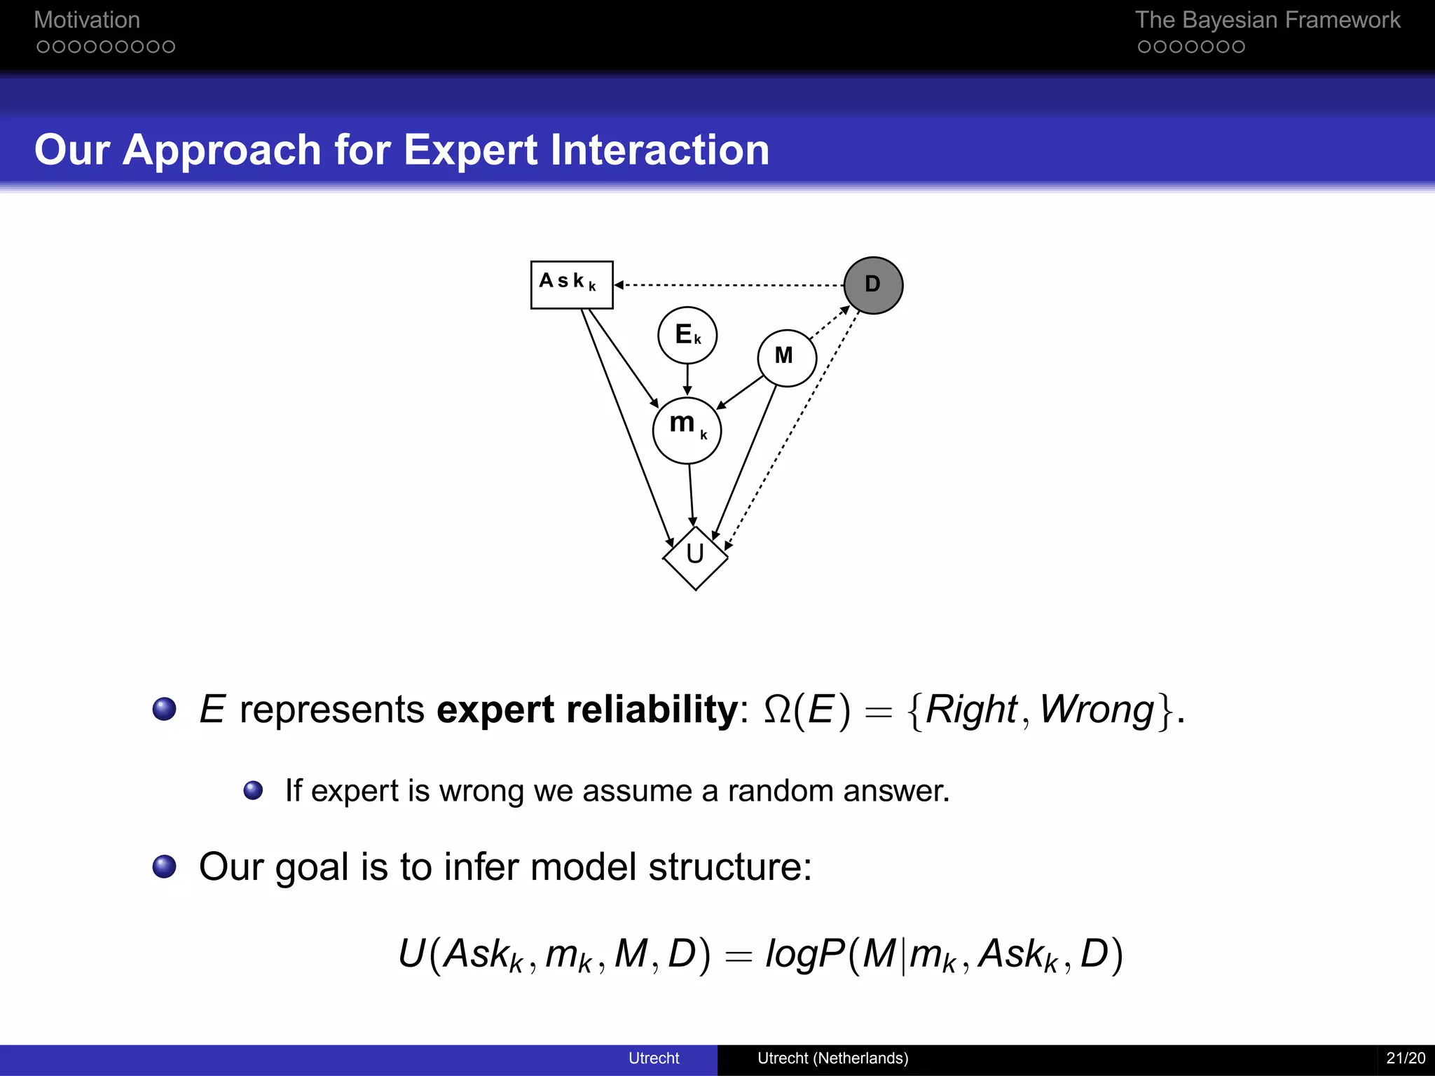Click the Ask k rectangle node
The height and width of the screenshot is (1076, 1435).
click(572, 284)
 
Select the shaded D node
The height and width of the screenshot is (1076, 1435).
click(873, 285)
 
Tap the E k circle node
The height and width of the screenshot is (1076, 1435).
click(687, 335)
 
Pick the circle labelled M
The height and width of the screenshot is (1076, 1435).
click(787, 357)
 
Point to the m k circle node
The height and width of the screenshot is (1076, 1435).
click(687, 429)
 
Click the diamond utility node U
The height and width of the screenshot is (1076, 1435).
click(695, 558)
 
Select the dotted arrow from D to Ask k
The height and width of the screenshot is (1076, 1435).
click(729, 285)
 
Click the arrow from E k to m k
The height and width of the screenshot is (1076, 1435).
click(687, 380)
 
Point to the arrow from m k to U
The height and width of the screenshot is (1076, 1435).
click(692, 495)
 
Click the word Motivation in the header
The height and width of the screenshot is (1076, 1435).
click(87, 20)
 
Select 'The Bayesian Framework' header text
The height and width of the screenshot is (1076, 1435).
click(1267, 20)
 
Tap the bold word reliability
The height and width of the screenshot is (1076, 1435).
click(652, 709)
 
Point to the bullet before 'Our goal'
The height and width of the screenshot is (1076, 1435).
click(165, 867)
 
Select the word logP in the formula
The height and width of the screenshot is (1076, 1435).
click(805, 953)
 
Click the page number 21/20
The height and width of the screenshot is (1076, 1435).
click(1405, 1058)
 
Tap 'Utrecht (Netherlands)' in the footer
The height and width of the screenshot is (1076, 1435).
click(832, 1058)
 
